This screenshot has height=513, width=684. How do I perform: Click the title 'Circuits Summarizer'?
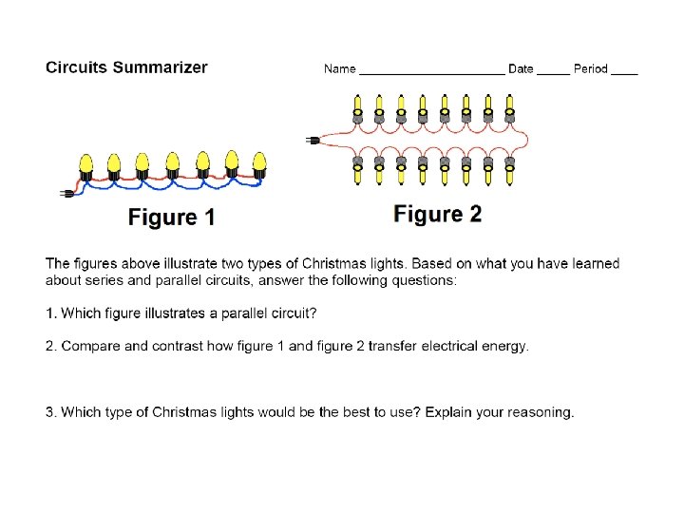126,67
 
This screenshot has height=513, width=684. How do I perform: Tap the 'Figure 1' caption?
172,218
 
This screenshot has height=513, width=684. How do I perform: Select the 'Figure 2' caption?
438,215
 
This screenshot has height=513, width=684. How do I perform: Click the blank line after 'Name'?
431,70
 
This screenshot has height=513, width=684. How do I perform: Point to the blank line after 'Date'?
553,70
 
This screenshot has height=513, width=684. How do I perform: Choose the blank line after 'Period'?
624,70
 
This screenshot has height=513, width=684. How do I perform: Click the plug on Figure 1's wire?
67,194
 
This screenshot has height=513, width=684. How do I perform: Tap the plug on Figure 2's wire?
313,141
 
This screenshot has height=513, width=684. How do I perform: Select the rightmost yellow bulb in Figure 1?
259,163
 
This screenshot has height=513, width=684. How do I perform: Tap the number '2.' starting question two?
51,346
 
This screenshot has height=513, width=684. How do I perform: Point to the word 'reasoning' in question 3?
540,412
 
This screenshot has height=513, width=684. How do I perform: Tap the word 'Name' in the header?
339,68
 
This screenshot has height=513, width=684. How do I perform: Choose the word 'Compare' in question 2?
90,346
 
